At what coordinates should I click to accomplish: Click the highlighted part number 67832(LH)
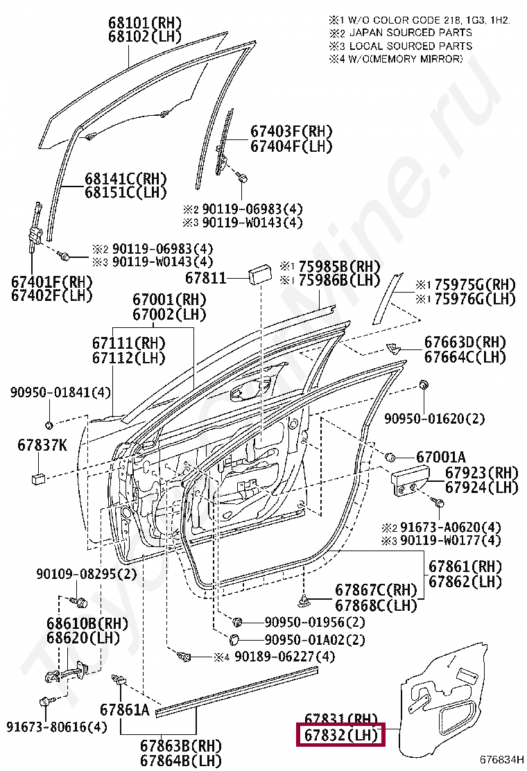point(340,735)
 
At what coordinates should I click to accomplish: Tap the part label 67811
point(206,278)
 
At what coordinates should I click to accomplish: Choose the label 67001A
point(441,458)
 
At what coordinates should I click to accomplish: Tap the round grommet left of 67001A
point(390,457)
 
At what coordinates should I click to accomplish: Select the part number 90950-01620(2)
point(435,418)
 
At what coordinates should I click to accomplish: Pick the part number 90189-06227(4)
point(275,656)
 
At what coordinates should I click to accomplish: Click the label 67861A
point(125,709)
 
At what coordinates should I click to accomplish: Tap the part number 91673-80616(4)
point(58,727)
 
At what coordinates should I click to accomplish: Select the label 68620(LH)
point(83,636)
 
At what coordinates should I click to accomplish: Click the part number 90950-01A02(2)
point(314,639)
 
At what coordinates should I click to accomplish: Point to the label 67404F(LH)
point(291,146)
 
